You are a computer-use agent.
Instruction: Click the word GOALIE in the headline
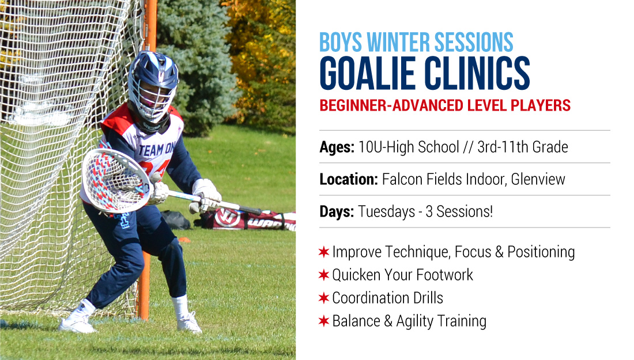[x=368, y=73]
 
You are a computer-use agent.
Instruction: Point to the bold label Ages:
[x=337, y=147]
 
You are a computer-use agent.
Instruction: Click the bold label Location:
[x=349, y=179]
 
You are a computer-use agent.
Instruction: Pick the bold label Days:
[x=337, y=211]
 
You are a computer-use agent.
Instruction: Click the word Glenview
[x=538, y=179]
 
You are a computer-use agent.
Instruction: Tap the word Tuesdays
[x=387, y=211]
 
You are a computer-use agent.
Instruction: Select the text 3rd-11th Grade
[x=522, y=147]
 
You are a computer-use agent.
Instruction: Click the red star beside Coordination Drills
[x=323, y=298]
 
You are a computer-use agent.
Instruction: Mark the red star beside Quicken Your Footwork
[x=323, y=275]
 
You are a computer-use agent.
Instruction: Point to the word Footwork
[x=444, y=275]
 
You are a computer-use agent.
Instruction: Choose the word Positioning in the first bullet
[x=541, y=252]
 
